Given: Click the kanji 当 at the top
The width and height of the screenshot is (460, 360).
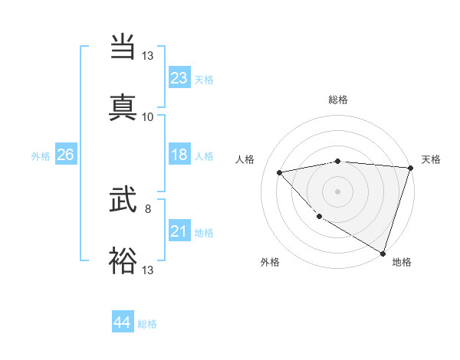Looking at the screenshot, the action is [123, 47].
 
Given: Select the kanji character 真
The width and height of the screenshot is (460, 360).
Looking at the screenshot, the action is [123, 106].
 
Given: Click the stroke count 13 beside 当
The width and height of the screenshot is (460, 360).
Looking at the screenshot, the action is [148, 56].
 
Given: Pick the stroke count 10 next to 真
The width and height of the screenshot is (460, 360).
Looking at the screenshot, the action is [148, 116].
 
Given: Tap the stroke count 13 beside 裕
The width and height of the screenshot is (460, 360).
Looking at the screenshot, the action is [148, 270].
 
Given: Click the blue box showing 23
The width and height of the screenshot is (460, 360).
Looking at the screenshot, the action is [179, 78].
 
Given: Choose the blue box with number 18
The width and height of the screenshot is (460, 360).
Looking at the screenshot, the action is [179, 155].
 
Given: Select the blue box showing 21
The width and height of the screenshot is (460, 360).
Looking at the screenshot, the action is [179, 231].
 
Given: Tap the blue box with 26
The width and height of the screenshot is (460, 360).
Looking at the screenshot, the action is [65, 155].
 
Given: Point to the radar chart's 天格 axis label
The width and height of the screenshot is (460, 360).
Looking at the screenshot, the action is [431, 159].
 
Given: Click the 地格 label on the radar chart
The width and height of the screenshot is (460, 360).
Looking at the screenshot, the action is [402, 262].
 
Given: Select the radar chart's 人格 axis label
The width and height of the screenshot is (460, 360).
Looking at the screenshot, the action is [245, 159].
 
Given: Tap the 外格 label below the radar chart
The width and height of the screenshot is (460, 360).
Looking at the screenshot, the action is [270, 262].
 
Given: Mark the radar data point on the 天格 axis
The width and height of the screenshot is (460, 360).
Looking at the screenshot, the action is [409, 168].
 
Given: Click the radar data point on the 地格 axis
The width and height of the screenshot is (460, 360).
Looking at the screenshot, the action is [383, 252].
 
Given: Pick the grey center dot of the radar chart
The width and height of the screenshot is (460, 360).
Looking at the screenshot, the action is [337, 191].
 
